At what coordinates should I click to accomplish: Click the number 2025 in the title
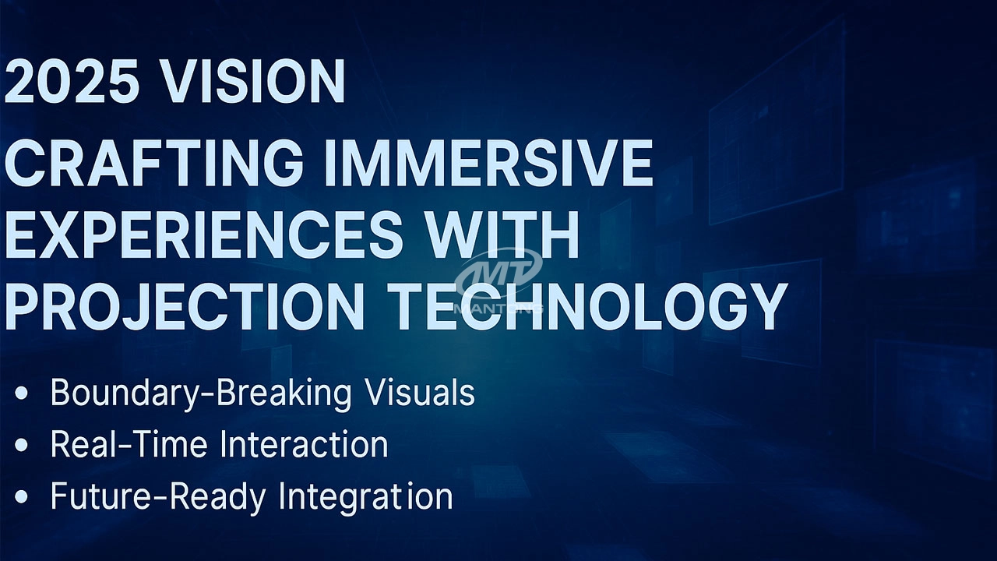[71, 82]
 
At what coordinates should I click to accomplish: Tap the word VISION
[252, 82]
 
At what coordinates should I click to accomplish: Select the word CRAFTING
[153, 163]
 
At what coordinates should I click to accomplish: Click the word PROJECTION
[184, 307]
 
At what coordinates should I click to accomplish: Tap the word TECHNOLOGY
[585, 307]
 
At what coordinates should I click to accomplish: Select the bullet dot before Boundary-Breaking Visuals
[21, 394]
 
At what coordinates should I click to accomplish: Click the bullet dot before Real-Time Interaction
[21, 445]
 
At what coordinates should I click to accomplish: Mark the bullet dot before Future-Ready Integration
[21, 496]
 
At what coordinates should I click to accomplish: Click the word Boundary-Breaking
[201, 393]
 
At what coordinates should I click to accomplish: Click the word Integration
[366, 497]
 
